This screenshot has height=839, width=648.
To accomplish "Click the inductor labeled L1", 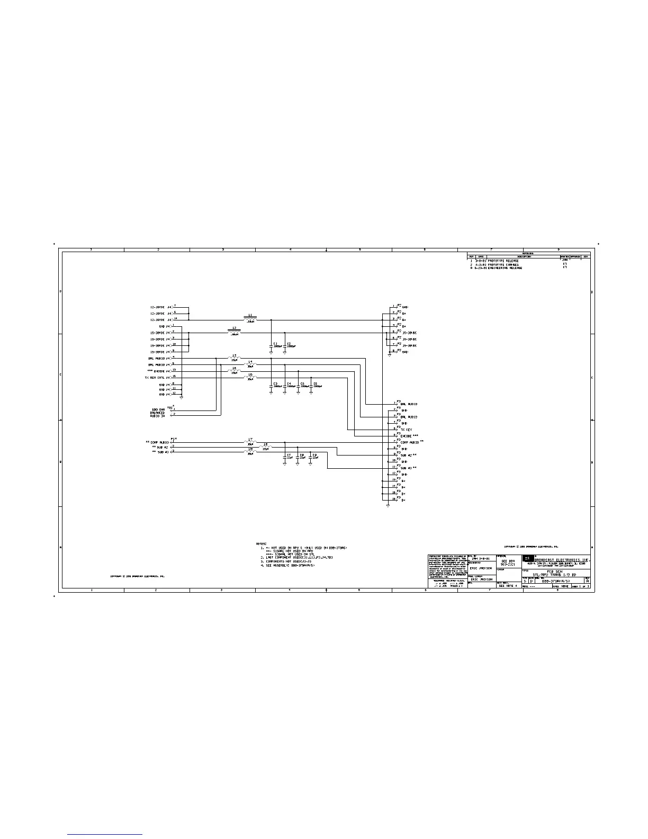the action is (250, 319).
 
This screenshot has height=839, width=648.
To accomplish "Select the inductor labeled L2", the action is (235, 332).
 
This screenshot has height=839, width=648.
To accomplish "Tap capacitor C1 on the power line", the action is (272, 345).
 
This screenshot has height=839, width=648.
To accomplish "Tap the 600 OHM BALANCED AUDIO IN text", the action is (158, 413).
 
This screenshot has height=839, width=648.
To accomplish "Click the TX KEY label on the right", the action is (407, 430).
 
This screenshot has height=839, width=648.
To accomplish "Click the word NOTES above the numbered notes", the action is (262, 544).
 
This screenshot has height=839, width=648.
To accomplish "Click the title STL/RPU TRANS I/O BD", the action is (555, 575).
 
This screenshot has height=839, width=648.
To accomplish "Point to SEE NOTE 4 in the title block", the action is (507, 586).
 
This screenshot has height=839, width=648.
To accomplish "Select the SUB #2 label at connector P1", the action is (160, 447).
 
